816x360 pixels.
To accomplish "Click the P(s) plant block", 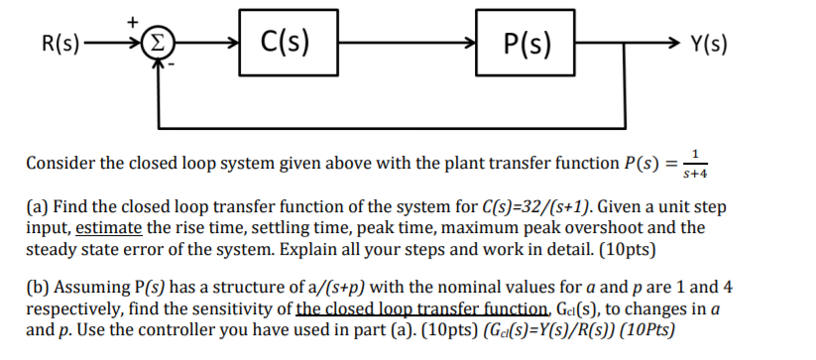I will click(x=526, y=43).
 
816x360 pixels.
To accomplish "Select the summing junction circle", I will click(x=158, y=44).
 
